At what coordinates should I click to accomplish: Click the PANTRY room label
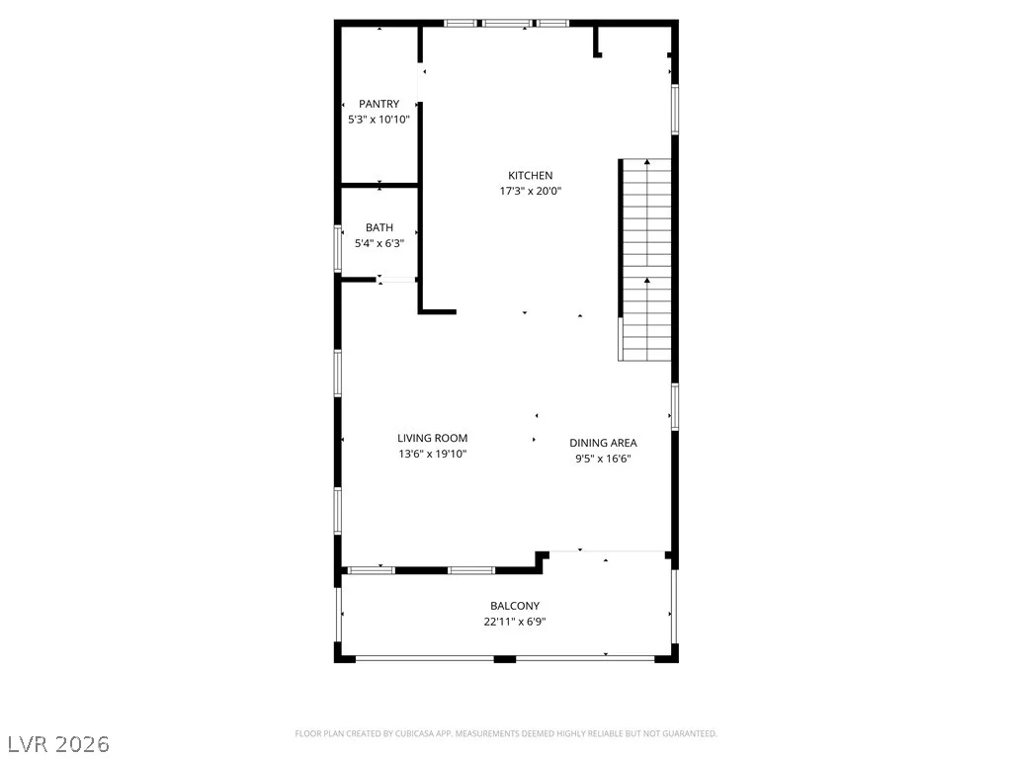point(379,104)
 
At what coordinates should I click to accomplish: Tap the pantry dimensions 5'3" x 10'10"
point(379,120)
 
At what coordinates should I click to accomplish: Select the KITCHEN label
point(531,176)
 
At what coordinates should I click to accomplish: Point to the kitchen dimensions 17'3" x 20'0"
point(531,191)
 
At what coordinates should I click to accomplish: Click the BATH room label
point(379,228)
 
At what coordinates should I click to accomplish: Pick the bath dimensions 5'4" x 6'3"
point(379,243)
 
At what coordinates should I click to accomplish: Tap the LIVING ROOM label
point(433,438)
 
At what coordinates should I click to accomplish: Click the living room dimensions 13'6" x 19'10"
point(433,454)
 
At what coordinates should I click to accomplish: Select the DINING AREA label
point(603,443)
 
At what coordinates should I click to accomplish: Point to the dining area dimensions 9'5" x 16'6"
point(603,459)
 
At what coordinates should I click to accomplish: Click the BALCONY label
point(515,606)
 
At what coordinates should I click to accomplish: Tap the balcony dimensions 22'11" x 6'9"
point(515,622)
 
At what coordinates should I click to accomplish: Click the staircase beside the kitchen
point(644,260)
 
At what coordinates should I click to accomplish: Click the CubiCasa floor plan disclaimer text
point(506,734)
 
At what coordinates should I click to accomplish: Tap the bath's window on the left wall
point(337,248)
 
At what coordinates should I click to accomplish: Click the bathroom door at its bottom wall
point(396,280)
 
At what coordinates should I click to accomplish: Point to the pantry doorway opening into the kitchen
point(420,82)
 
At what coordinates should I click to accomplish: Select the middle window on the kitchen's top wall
point(507,24)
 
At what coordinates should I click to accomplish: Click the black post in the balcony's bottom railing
point(505,659)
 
